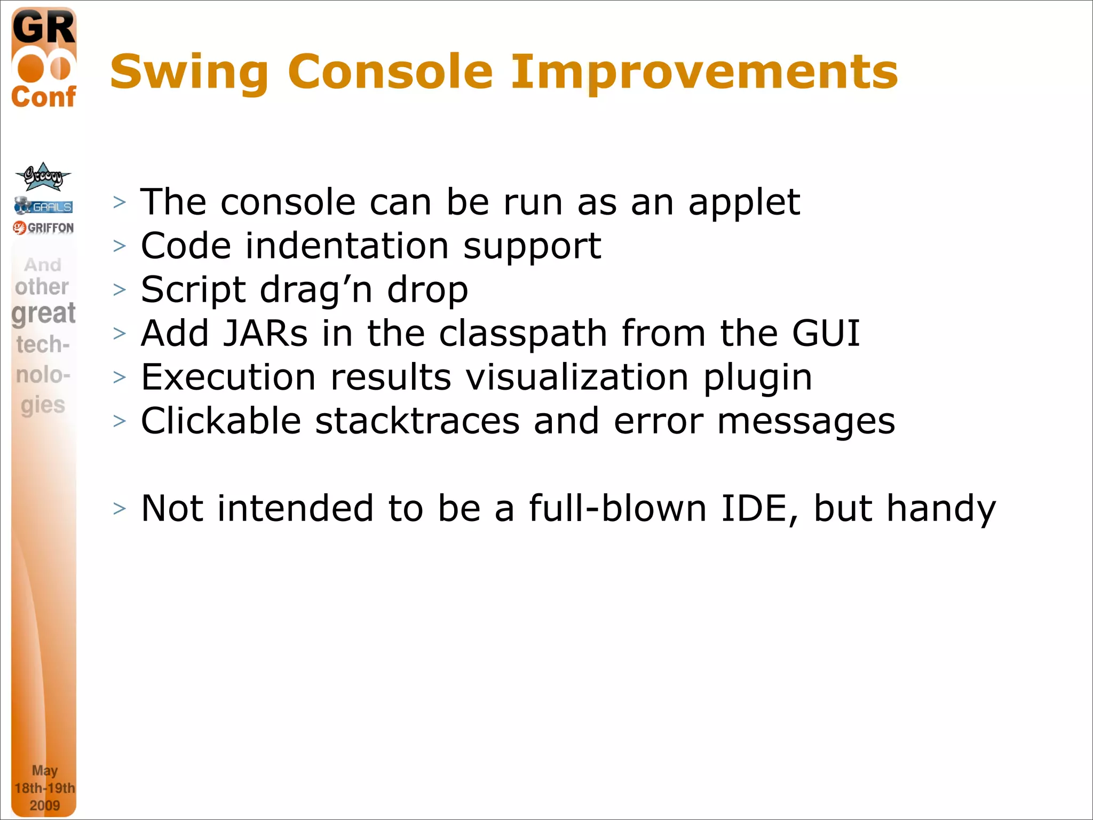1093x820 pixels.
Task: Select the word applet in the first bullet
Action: tap(744, 203)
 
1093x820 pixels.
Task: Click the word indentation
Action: tap(347, 246)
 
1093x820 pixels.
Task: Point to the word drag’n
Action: tap(315, 290)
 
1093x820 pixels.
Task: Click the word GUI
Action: tap(825, 334)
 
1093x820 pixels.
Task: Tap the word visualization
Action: tap(577, 377)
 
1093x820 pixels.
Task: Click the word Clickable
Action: tap(221, 421)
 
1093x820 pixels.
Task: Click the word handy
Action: tap(941, 509)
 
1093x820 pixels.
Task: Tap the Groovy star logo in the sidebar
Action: tap(43, 177)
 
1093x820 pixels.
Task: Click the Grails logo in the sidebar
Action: tap(44, 206)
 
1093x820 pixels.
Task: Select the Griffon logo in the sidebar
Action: tap(44, 228)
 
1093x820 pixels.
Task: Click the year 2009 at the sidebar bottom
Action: tap(44, 805)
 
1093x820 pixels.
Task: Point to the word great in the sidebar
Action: tap(43, 313)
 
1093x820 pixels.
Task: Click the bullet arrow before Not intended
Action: tap(120, 509)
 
